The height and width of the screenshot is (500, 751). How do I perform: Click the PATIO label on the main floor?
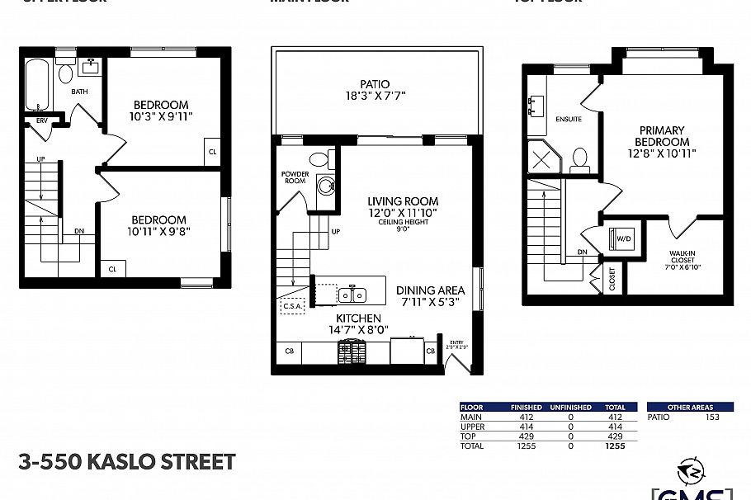pos(375,84)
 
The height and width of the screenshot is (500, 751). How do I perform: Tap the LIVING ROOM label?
pos(403,201)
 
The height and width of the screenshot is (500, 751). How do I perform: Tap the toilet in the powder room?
pos(317,159)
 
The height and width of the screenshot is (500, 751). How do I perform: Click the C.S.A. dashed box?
pos(293,306)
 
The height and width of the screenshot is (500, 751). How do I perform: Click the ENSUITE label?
pos(569,120)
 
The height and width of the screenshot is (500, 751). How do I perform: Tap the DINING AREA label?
pos(430,290)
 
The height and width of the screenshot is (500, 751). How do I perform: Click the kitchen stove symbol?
pos(352,352)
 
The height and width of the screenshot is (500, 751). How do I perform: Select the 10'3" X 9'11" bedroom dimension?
pos(161,117)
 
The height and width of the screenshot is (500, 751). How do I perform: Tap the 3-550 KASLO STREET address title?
pos(126,462)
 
